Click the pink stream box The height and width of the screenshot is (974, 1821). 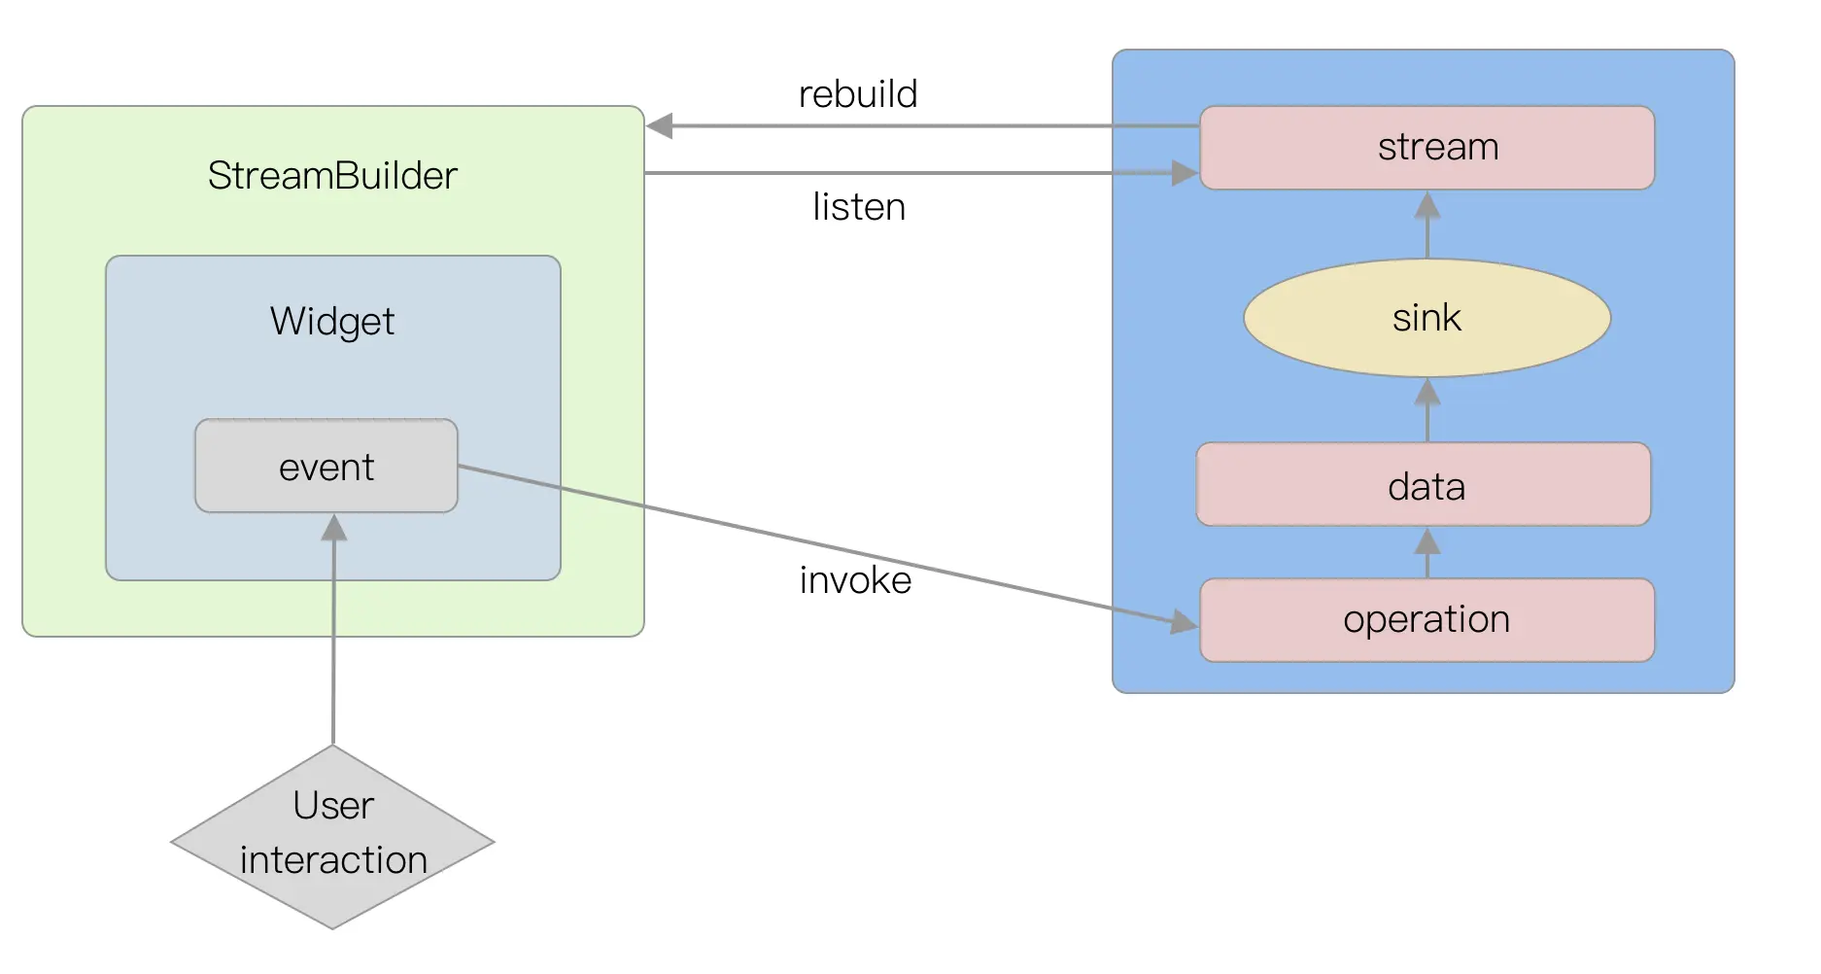click(1426, 148)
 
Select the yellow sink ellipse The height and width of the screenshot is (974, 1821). click(1426, 318)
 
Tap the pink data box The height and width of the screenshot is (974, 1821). click(1424, 485)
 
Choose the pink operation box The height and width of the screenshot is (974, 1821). click(1426, 620)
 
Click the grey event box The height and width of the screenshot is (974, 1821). click(326, 467)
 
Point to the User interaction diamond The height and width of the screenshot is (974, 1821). click(332, 837)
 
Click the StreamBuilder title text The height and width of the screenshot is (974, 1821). click(332, 176)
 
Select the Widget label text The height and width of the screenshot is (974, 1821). click(332, 322)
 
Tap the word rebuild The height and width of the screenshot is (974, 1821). click(858, 94)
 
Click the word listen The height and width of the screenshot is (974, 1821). click(859, 207)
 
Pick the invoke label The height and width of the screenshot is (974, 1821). click(855, 580)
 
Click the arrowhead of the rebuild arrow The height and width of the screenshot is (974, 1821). click(660, 126)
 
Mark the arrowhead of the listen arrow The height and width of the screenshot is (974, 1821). click(1185, 173)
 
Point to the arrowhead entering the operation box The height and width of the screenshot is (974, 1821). click(1184, 621)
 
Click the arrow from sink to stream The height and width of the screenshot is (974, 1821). click(1426, 225)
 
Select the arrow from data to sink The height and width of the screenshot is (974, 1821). click(1426, 409)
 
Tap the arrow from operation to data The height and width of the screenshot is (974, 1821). click(1426, 552)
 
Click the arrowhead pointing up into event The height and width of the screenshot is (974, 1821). click(334, 528)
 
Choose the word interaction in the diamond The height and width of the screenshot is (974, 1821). click(333, 860)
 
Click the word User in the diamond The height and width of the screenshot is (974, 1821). click(333, 806)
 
